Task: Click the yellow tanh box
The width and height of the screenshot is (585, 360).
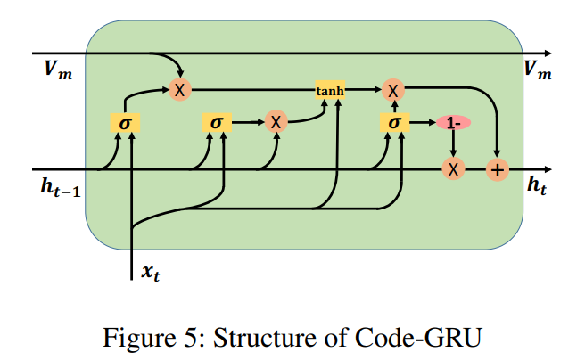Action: (x=330, y=89)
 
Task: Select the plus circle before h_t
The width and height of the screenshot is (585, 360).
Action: (x=496, y=169)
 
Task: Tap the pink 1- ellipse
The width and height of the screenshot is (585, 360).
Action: (x=453, y=123)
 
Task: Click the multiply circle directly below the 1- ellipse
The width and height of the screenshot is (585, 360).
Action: (x=453, y=169)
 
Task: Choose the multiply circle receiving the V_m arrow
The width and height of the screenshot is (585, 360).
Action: (x=179, y=89)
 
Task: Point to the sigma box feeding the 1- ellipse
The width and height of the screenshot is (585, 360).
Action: (x=392, y=123)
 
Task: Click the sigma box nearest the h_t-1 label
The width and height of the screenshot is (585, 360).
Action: (x=125, y=123)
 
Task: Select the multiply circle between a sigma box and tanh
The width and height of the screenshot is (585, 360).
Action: (x=276, y=123)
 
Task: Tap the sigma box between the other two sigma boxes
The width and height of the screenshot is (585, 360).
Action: (x=216, y=123)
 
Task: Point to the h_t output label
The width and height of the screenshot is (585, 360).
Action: (x=538, y=186)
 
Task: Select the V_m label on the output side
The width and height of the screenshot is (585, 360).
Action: (x=538, y=71)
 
